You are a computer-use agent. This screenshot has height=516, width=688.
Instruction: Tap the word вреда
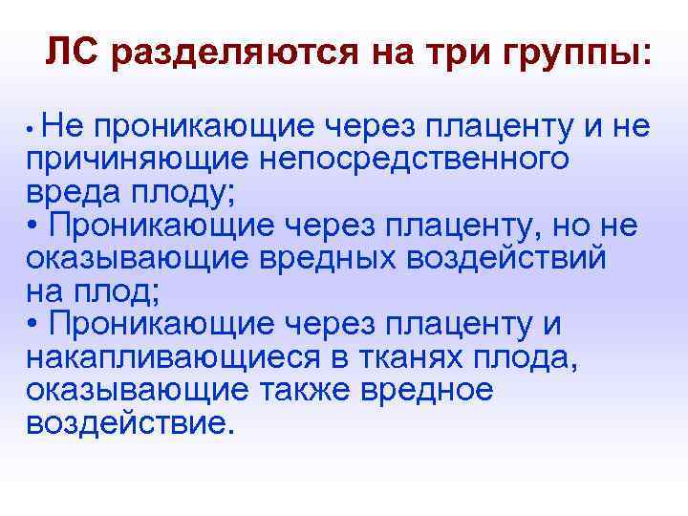point(73,191)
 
